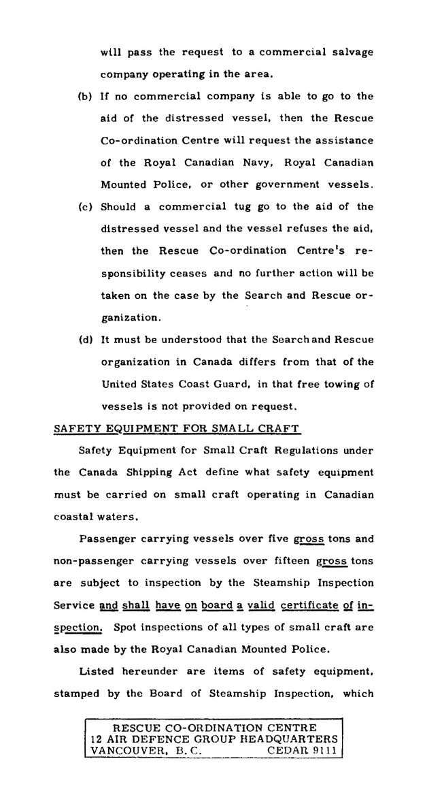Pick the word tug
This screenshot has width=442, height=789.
click(252, 206)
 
